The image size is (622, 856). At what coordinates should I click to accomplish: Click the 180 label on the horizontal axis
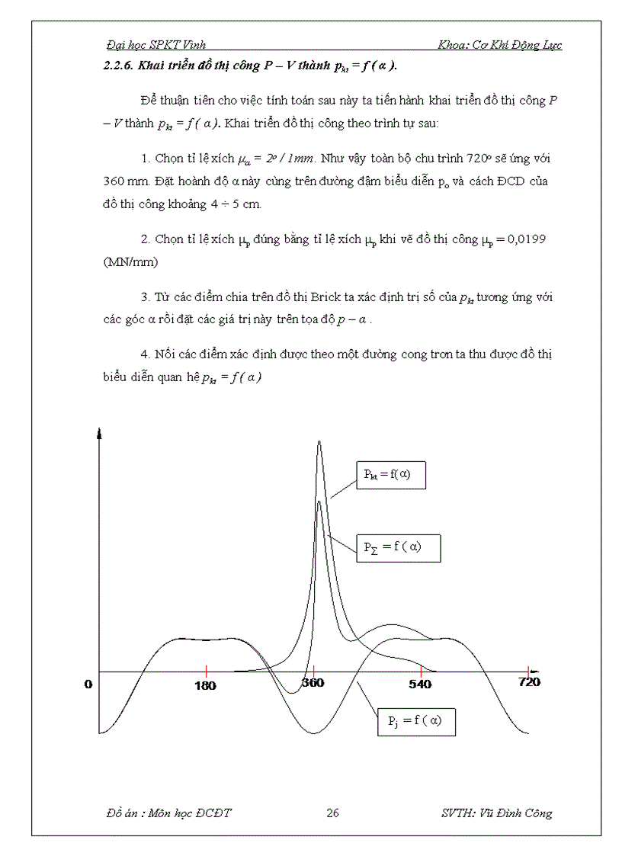click(205, 685)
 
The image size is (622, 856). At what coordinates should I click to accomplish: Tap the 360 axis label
click(313, 683)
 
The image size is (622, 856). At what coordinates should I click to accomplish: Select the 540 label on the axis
click(420, 684)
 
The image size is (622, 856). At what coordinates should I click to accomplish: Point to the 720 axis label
click(529, 681)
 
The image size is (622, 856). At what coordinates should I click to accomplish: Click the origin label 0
click(88, 684)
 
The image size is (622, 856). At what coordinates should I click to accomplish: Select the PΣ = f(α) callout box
click(399, 547)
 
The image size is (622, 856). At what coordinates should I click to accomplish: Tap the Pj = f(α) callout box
click(416, 720)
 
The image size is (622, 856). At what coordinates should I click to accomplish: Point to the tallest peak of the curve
click(319, 442)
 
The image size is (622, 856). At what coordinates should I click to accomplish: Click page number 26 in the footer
click(332, 813)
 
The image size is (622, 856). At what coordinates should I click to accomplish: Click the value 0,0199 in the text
click(524, 239)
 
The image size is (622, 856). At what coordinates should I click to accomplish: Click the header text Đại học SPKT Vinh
click(156, 45)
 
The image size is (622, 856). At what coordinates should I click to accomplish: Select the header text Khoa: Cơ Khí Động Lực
click(500, 45)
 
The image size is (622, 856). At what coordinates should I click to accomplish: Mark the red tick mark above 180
click(206, 670)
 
